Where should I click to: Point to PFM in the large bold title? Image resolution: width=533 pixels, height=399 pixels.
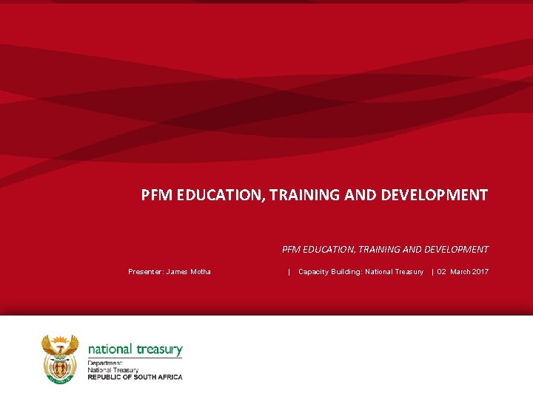click(155, 195)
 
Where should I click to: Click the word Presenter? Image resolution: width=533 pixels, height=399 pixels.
click(145, 272)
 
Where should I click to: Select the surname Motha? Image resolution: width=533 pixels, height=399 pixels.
click(201, 272)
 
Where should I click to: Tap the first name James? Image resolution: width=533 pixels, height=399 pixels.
click(178, 272)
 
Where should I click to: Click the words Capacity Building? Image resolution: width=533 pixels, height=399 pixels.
click(329, 272)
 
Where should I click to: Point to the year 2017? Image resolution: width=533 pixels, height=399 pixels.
click(479, 272)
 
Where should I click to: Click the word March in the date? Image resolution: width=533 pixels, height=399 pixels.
click(459, 272)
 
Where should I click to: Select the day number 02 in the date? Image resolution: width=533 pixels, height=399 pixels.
click(442, 272)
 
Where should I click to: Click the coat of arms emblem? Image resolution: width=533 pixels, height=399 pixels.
click(59, 358)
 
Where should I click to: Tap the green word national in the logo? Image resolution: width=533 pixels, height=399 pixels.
click(110, 349)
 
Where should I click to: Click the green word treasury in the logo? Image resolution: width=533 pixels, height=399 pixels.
click(158, 349)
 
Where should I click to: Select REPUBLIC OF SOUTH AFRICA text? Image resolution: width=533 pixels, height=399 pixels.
click(135, 377)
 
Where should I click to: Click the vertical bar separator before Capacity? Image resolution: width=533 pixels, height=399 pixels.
click(289, 272)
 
